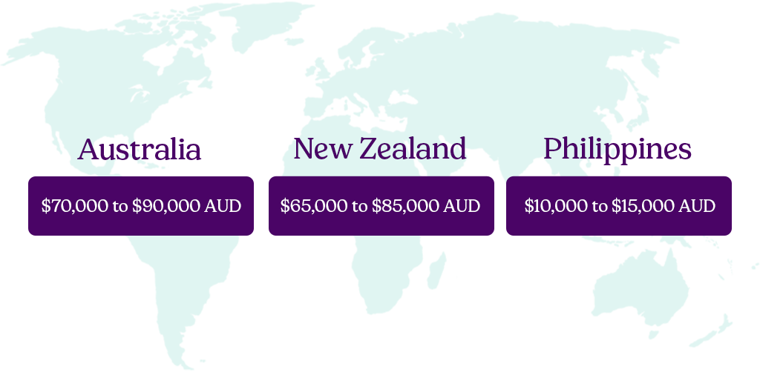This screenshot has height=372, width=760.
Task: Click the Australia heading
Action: click(x=140, y=150)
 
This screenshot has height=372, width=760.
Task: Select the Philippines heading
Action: click(x=617, y=150)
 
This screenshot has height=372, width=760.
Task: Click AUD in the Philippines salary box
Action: click(x=698, y=206)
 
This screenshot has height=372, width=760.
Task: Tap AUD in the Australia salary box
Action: click(x=223, y=206)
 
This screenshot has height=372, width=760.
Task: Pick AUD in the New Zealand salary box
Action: click(x=462, y=206)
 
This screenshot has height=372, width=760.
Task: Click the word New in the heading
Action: click(x=322, y=149)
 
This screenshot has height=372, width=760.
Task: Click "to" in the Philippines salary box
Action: click(x=600, y=206)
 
